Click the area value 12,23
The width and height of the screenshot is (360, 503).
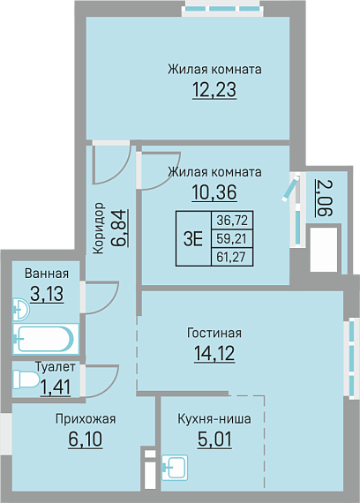[214, 90]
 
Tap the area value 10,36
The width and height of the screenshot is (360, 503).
[214, 192]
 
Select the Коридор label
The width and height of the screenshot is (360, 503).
[99, 228]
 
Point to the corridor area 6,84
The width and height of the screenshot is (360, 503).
[120, 228]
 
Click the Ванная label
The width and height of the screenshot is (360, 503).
[47, 274]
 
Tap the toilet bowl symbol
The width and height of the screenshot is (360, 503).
[26, 379]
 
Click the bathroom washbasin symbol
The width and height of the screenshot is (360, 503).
[21, 310]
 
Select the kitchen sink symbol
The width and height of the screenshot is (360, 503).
[175, 468]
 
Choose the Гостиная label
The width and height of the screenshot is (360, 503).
[214, 333]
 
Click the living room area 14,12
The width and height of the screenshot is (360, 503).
[214, 353]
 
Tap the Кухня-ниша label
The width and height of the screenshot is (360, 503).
[214, 419]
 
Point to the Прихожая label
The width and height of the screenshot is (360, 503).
[86, 419]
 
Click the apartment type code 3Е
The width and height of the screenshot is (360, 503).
[193, 238]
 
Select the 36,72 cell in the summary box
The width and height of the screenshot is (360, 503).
[232, 221]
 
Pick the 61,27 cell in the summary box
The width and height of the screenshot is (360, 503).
[232, 257]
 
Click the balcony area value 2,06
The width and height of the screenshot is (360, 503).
[324, 198]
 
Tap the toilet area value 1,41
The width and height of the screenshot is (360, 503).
[56, 387]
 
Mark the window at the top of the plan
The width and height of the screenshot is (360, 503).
[221, 9]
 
